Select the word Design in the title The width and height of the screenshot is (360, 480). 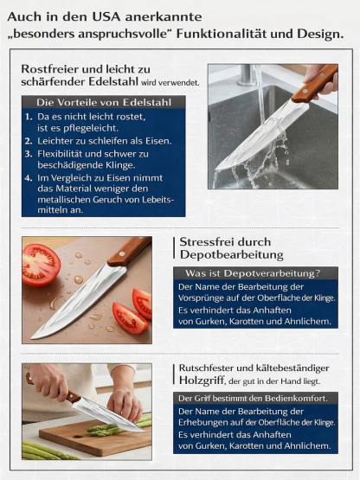(312, 34)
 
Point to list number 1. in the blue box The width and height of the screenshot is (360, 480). (29, 115)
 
